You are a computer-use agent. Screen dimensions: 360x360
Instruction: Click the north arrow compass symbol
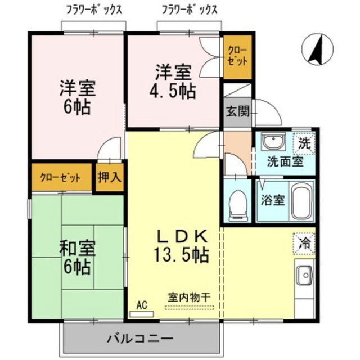(317, 49)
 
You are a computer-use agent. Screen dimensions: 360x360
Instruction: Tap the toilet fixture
(238, 205)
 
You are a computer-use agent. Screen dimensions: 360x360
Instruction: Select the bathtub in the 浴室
(301, 201)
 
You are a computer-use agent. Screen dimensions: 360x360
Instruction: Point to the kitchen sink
(304, 275)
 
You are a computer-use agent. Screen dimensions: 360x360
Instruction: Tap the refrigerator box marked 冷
(304, 244)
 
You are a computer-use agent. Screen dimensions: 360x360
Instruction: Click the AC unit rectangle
(141, 314)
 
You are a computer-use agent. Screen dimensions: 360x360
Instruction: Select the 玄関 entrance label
(237, 112)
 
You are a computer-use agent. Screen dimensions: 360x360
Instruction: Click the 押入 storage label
(110, 177)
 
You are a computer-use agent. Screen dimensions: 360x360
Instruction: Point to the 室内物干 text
(189, 298)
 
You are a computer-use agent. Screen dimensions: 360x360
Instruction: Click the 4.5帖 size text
(173, 91)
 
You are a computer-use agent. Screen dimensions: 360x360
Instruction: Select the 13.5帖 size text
(181, 255)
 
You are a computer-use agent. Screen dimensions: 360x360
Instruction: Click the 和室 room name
(78, 249)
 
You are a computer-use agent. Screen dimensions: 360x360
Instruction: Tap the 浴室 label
(273, 200)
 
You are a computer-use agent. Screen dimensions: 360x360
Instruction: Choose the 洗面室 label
(285, 161)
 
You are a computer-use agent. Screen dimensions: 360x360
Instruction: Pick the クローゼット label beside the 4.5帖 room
(238, 56)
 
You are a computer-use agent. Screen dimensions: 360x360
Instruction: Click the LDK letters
(182, 236)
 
